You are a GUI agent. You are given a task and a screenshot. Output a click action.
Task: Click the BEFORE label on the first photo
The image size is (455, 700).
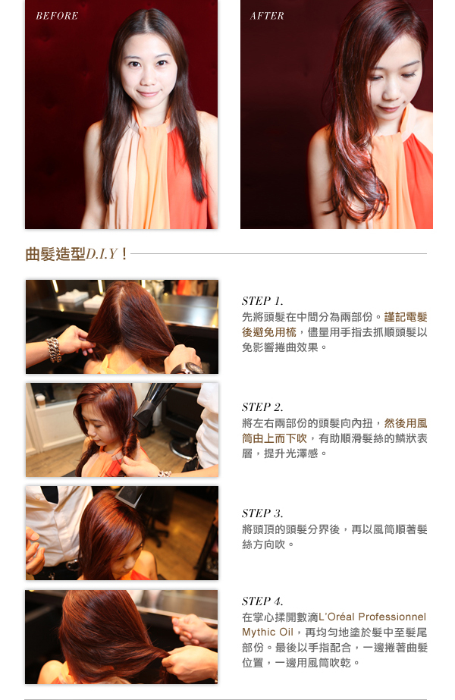tap(57, 16)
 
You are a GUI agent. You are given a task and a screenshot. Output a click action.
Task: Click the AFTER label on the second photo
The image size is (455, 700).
tap(267, 16)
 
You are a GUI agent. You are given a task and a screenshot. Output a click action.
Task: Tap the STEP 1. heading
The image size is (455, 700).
tap(262, 301)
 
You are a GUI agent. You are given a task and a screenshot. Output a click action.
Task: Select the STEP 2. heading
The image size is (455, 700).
tap(262, 407)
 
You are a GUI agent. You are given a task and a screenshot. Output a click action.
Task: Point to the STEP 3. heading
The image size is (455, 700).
tap(262, 513)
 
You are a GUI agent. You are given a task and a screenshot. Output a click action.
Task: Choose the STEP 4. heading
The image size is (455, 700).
tap(262, 601)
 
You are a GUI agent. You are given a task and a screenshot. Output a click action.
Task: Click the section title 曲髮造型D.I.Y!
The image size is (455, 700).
tap(77, 254)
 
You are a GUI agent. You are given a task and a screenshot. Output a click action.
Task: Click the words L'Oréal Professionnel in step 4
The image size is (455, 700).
tap(372, 617)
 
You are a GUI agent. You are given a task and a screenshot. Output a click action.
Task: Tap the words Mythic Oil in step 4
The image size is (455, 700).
tap(268, 633)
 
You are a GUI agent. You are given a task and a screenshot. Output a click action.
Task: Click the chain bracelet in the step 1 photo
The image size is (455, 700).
tap(54, 350)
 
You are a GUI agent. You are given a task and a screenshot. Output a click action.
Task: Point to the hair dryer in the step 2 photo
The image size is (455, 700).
tap(152, 404)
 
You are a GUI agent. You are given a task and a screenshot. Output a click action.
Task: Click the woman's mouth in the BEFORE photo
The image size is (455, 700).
tap(149, 93)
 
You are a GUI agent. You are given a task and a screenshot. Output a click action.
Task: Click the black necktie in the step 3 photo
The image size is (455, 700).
tap(49, 493)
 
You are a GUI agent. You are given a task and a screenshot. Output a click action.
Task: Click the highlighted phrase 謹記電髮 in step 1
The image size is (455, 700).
tap(406, 317)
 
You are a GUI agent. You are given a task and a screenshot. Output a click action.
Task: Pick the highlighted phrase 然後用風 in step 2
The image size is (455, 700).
tap(406, 423)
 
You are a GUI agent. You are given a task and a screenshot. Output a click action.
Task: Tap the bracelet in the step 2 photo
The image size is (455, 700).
tap(165, 473)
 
